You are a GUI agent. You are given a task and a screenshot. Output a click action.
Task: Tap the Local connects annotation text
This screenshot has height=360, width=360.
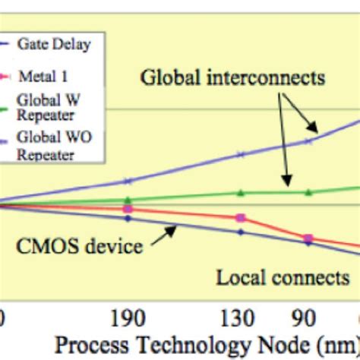[283, 277]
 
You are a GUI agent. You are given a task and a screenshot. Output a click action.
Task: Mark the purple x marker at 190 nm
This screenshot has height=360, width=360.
[128, 181]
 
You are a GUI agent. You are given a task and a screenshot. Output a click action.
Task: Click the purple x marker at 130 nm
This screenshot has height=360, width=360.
[241, 154]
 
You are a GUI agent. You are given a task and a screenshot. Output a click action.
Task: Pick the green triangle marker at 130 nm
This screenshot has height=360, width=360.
[241, 193]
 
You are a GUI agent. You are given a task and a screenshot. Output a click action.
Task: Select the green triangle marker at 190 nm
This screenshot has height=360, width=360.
[128, 200]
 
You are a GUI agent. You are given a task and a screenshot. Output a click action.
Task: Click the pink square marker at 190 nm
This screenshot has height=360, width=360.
[128, 208]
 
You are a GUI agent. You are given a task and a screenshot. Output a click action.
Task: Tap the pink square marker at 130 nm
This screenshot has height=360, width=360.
[241, 218]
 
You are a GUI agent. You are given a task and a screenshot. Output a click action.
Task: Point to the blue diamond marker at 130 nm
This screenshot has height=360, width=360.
[241, 232]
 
